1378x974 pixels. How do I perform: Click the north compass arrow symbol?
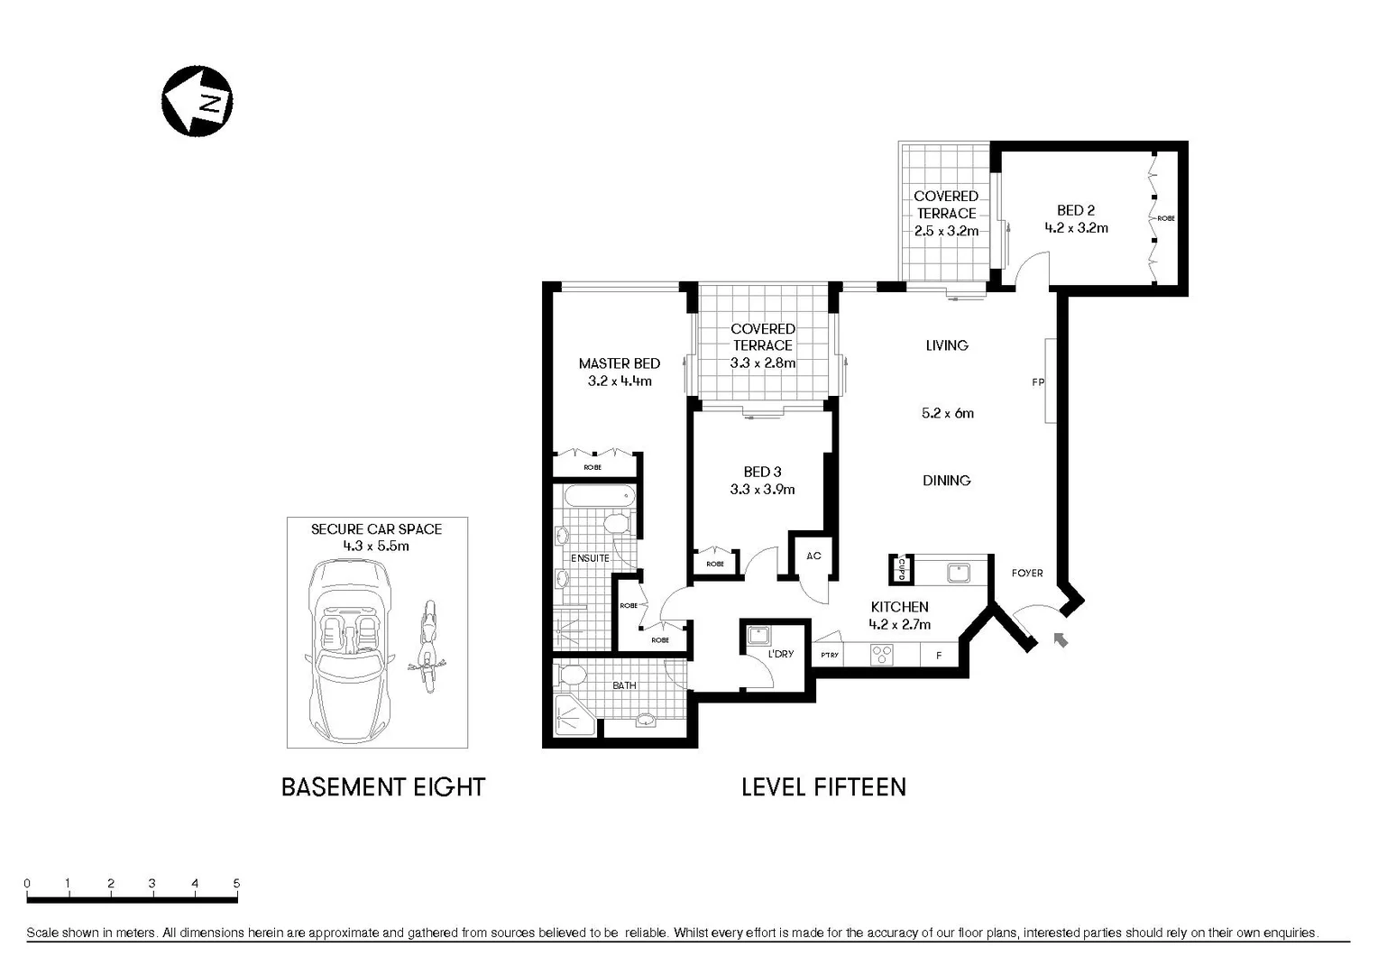coord(197,101)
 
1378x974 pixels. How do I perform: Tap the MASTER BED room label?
coord(619,363)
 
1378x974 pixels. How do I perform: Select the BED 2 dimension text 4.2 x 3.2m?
coord(1076,228)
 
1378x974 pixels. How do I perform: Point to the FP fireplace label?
coord(1037,382)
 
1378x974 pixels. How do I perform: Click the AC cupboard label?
coord(813,556)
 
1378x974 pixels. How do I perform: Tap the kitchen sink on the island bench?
coord(959,572)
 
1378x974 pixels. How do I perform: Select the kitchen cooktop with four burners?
coord(881,655)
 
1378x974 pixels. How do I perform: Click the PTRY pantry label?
coord(829,656)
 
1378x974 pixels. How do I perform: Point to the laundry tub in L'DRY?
coord(758,635)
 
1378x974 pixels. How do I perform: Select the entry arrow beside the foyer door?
coord(1061,639)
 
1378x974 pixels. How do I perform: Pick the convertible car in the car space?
coord(348,648)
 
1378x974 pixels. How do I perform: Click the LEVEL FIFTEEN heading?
coord(823,787)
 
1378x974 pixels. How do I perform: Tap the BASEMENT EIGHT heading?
coord(383,787)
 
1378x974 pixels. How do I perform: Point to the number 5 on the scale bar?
coord(236,884)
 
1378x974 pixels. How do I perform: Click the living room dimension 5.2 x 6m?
coord(947,413)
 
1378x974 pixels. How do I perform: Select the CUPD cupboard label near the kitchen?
coord(901,570)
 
